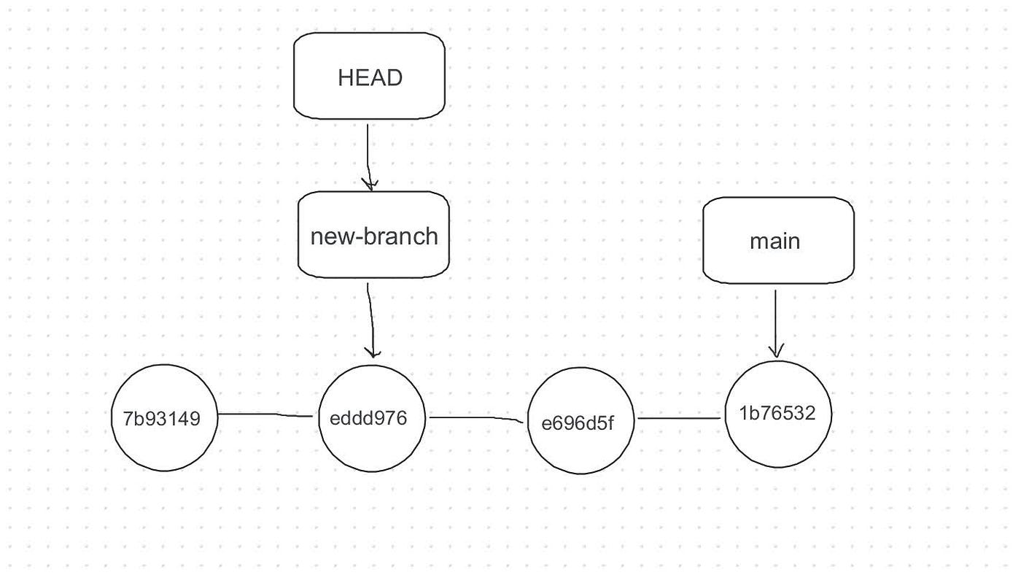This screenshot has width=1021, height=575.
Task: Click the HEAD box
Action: click(369, 76)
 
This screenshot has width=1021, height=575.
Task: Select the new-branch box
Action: click(373, 235)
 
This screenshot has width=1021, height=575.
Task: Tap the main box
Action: click(778, 240)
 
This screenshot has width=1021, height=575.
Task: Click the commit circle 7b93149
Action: click(166, 418)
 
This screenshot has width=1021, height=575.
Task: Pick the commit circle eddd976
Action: click(372, 419)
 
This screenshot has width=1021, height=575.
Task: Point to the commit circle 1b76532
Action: click(778, 414)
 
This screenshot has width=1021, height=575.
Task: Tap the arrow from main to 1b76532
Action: click(775, 321)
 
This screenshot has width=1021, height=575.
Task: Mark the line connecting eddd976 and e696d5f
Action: click(477, 419)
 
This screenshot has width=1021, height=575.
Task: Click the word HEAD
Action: click(370, 78)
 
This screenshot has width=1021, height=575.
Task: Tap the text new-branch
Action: click(374, 236)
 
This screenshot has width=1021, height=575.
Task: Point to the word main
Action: click(775, 241)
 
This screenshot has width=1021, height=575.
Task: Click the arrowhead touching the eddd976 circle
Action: click(373, 352)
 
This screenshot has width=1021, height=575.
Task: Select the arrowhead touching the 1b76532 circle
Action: click(776, 351)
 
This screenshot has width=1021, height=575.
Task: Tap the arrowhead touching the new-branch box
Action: click(371, 185)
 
